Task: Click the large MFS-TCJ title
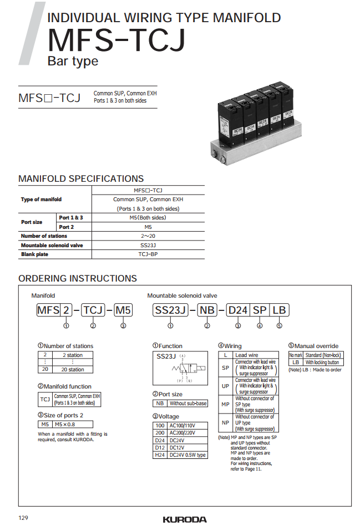(116, 40)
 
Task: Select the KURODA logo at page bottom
(185, 519)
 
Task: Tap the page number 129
(23, 518)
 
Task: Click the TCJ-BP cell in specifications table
(148, 254)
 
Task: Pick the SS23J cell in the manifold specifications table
(148, 245)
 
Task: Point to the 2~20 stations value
(148, 236)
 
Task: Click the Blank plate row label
(34, 254)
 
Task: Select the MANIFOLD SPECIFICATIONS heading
(81, 178)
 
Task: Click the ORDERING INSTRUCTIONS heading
(78, 278)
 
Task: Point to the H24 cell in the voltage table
(160, 455)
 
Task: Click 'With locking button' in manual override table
(322, 362)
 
